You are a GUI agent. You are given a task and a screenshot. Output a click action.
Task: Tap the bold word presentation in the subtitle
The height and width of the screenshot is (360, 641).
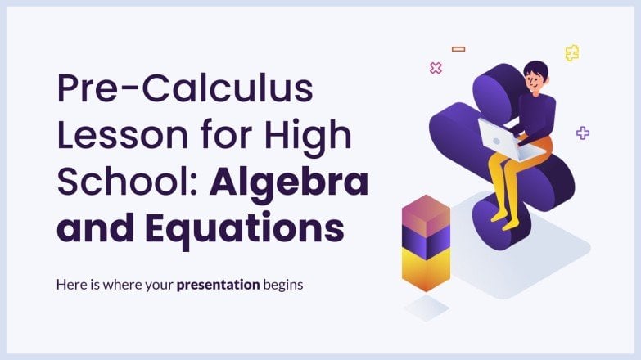click(x=218, y=286)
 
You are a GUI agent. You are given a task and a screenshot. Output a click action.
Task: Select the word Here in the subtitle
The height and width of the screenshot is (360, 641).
click(x=70, y=286)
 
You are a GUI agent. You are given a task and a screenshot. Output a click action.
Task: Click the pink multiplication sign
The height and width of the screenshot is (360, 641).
click(x=436, y=68)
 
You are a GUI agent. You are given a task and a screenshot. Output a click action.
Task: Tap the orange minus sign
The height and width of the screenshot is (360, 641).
click(x=458, y=49)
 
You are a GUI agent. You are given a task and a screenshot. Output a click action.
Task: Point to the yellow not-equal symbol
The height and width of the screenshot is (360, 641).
click(x=572, y=53)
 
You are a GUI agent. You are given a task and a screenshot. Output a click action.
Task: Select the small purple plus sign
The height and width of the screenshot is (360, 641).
click(x=583, y=133)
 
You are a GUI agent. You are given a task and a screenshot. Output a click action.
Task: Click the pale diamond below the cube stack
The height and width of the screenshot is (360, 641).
click(x=427, y=308)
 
